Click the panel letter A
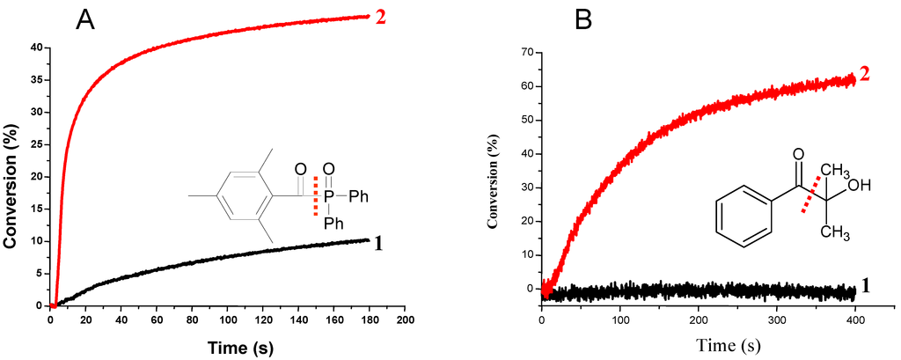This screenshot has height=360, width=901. click(x=84, y=18)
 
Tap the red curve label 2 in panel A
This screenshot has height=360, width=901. click(x=381, y=17)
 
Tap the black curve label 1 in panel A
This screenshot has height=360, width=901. click(x=378, y=244)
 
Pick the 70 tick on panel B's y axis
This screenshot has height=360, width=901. click(x=528, y=52)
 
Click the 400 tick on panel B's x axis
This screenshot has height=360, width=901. click(x=855, y=313)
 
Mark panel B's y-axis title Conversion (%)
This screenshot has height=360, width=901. click(x=496, y=176)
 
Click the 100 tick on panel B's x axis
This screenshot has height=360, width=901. click(x=620, y=313)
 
